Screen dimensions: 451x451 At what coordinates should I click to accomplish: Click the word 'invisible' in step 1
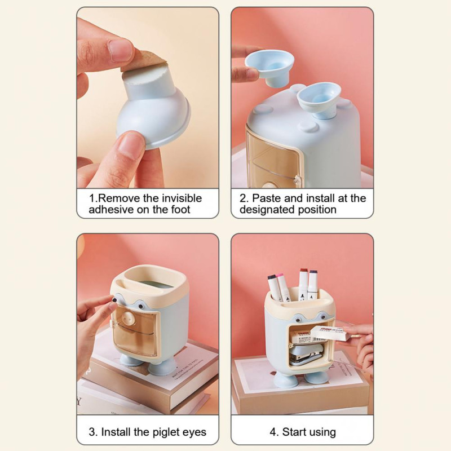click(x=182, y=198)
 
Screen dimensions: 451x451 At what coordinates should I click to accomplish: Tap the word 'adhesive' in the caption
click(x=111, y=209)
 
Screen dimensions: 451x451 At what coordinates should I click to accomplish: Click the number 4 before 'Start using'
click(x=273, y=432)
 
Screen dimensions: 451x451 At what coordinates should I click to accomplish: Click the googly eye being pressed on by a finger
click(x=114, y=300)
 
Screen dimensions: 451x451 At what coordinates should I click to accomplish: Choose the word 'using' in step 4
click(x=322, y=433)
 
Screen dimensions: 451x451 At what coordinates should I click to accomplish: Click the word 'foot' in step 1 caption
click(x=180, y=209)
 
